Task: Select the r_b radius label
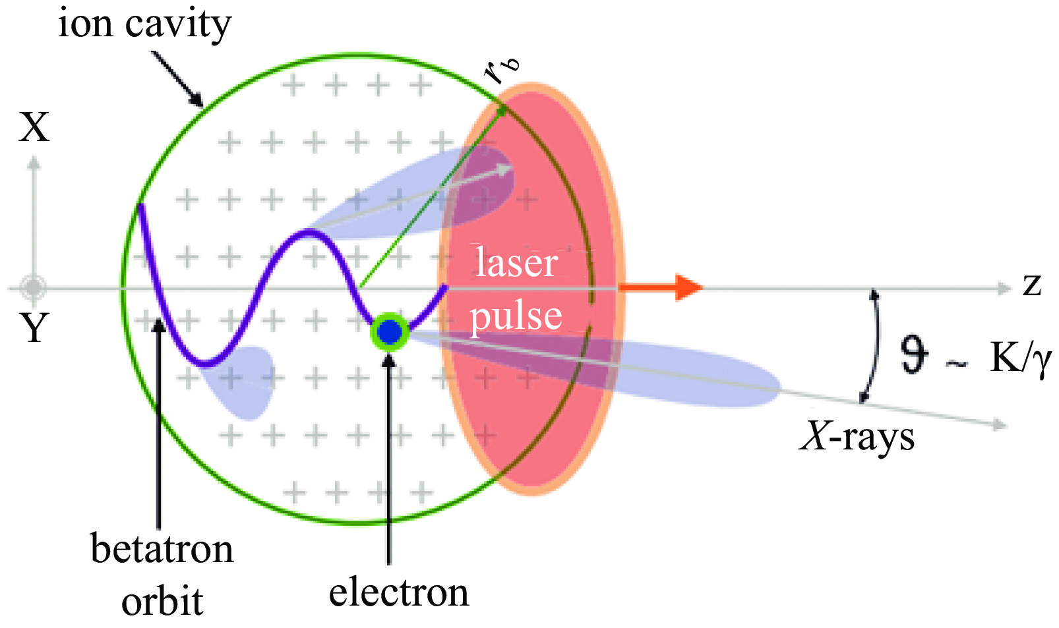point(502,69)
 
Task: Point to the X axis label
point(34,127)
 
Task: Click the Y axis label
point(34,328)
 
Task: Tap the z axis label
point(1032,285)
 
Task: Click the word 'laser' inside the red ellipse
point(516,262)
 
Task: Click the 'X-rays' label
point(857,436)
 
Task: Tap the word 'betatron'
point(162,549)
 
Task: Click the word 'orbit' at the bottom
point(162,602)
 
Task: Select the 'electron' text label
point(399,592)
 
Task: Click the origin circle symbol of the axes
point(32,287)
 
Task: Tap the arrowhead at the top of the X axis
point(34,162)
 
